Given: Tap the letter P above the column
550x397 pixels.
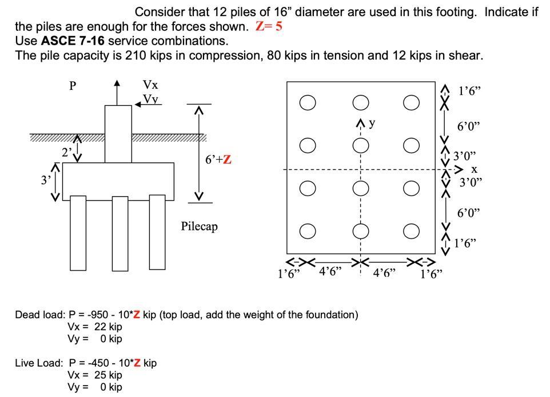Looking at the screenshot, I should point(73,86).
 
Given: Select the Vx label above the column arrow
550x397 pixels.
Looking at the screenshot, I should point(150,85).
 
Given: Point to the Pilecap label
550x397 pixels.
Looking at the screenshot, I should point(199,227).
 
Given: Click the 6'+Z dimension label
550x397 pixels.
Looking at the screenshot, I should point(218,160).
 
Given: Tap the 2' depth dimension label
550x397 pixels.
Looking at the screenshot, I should point(67,152).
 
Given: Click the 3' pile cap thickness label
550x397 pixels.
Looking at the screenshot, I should point(45,180).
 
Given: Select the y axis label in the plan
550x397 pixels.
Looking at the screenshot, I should point(372,122).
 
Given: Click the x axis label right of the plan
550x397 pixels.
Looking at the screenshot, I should point(474,170).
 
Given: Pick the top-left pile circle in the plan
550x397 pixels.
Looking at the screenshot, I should point(308,103).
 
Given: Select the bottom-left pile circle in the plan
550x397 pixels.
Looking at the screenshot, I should point(308,231).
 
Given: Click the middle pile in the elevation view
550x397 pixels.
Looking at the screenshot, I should point(120,233).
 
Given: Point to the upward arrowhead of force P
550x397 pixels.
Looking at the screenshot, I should point(117,84).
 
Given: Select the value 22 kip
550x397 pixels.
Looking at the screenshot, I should point(108,327).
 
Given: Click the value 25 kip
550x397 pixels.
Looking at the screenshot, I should point(108,375).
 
